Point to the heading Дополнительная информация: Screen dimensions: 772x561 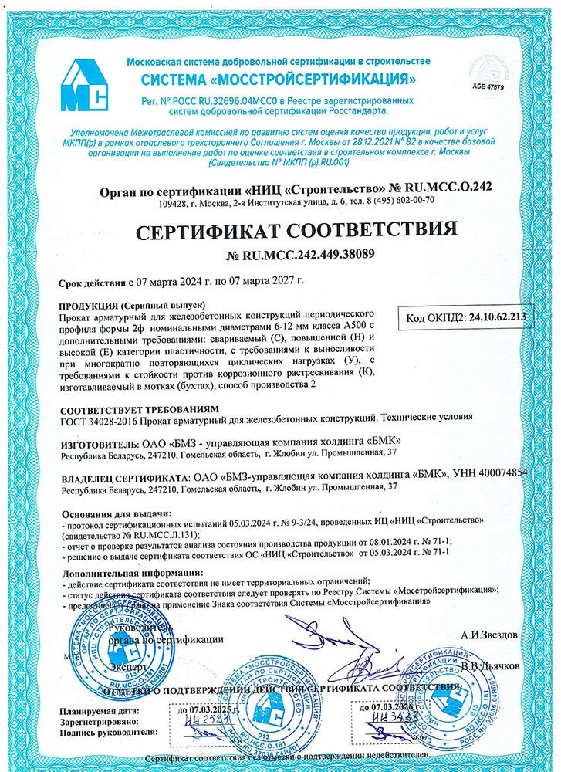tap(123, 572)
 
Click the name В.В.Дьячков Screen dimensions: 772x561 tap(491, 665)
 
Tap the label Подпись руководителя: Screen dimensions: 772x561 tap(108, 730)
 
